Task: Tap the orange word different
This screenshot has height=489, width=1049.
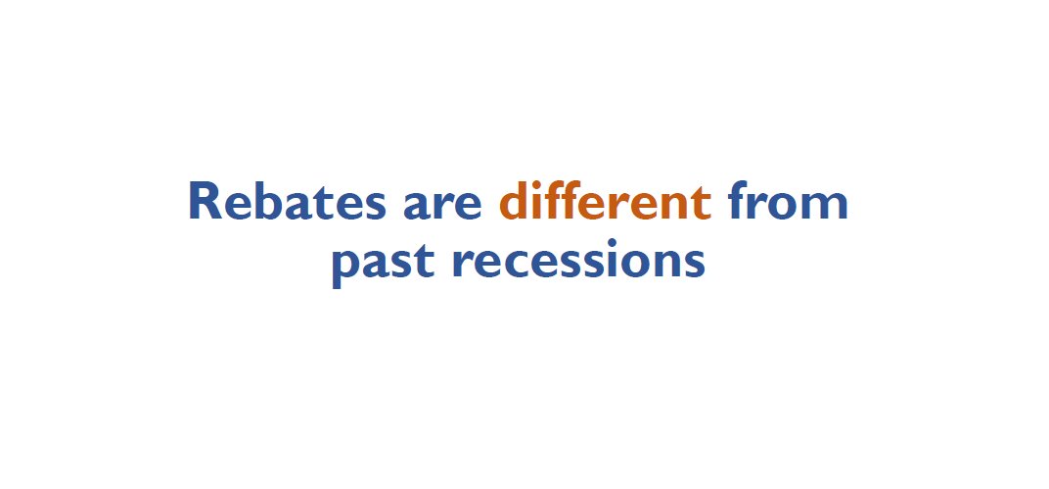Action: tap(605, 202)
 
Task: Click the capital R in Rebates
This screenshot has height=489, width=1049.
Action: tap(206, 202)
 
